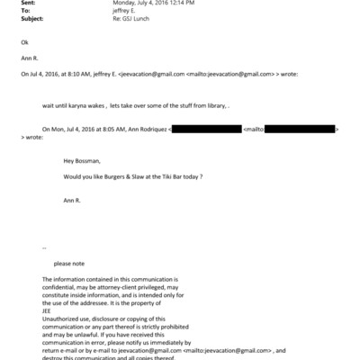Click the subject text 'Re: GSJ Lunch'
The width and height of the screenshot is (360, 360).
tap(131, 17)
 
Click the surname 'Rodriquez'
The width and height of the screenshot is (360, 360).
tap(148, 130)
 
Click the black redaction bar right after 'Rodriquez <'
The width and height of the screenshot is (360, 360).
tap(205, 130)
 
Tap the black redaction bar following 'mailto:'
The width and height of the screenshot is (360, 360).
tap(301, 130)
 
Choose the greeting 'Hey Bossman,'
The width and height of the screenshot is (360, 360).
tap(82, 162)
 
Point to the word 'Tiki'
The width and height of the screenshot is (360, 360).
tap(166, 175)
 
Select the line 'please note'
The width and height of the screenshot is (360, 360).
tap(69, 263)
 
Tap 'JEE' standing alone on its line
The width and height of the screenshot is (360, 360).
tap(48, 311)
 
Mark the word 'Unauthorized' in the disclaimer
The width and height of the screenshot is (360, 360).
tap(62, 319)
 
